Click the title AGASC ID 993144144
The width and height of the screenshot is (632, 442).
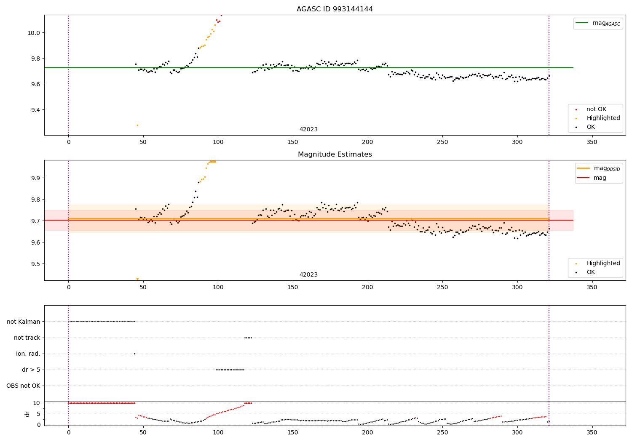[x=335, y=9]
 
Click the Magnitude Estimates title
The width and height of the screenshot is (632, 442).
[x=335, y=154]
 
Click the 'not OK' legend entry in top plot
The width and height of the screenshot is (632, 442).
[x=596, y=109]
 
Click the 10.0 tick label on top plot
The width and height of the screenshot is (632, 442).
[x=33, y=33]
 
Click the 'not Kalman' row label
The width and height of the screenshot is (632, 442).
[x=24, y=322]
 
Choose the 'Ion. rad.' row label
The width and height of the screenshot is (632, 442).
[x=28, y=354]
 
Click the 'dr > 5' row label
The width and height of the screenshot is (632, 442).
[x=31, y=370]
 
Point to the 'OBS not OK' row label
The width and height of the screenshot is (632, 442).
[x=23, y=386]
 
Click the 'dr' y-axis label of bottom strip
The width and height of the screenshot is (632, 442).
[x=27, y=414]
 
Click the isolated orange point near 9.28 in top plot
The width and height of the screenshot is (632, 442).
[x=137, y=125]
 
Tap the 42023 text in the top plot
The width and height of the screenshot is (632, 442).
[x=308, y=130]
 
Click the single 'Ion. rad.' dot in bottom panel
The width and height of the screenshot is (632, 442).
[x=134, y=354]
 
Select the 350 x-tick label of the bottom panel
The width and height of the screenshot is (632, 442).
[x=592, y=432]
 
